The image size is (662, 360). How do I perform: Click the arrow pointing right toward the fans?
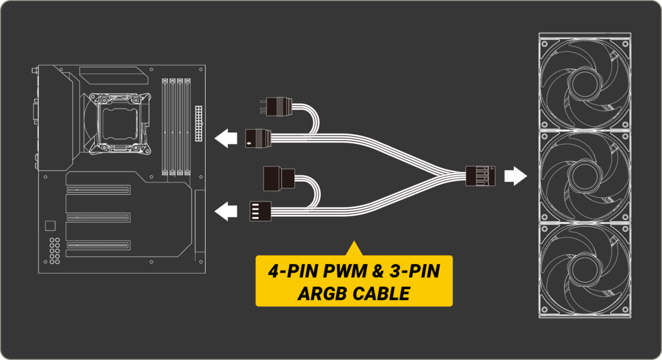[515, 176]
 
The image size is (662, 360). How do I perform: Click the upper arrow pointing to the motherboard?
[226, 138]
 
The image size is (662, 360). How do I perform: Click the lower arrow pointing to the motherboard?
[226, 211]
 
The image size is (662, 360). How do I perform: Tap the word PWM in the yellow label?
[345, 271]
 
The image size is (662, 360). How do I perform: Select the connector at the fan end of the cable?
[480, 176]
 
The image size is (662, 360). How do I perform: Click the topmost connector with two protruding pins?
[276, 106]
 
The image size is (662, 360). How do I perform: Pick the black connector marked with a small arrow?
[258, 138]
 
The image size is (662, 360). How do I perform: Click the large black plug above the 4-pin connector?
[279, 178]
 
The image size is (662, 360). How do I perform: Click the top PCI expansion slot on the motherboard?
[98, 190]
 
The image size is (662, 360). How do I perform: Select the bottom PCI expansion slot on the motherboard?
[98, 245]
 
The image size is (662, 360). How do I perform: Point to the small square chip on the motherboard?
[50, 226]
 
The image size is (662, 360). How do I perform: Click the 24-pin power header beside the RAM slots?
[199, 123]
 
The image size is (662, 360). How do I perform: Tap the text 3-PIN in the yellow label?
[414, 271]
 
